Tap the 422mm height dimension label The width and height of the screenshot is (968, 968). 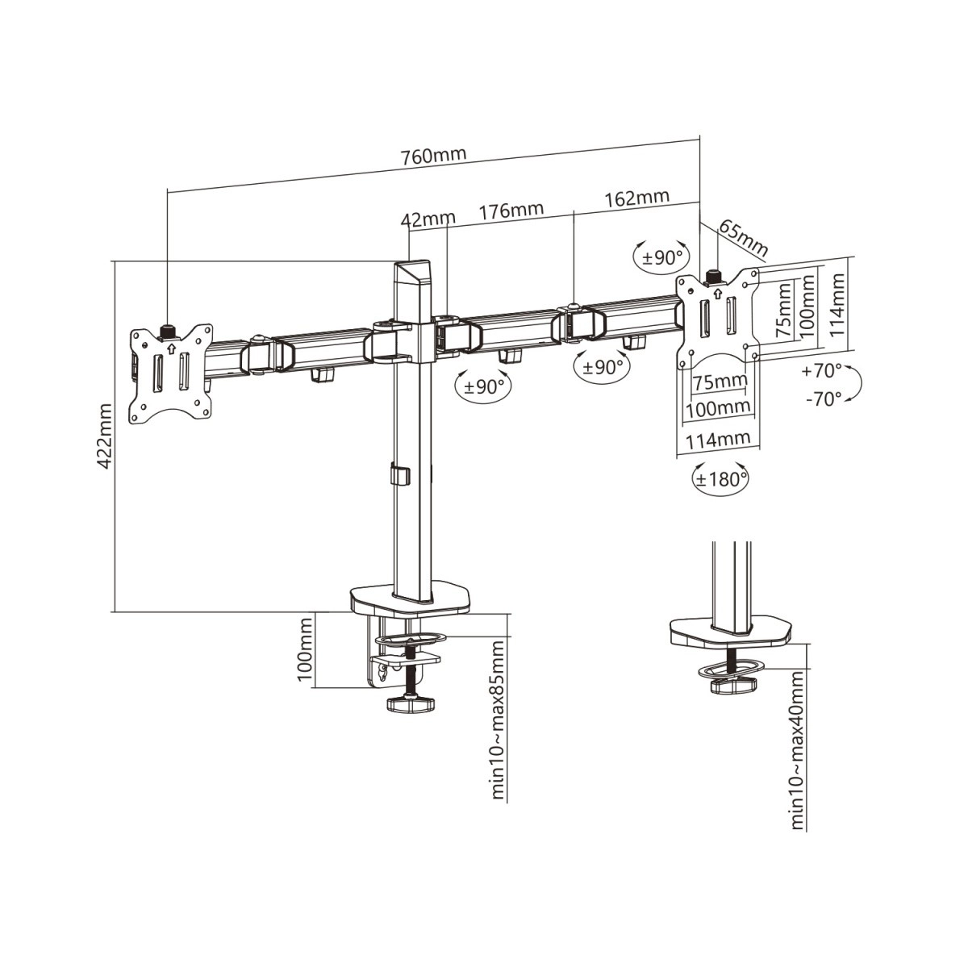pos(105,436)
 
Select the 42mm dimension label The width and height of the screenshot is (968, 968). pos(428,219)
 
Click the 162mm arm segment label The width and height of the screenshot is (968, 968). pos(637,198)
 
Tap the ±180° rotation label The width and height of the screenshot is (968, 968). pos(720,478)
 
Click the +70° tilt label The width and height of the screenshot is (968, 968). pos(821,371)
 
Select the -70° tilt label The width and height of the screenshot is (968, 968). pos(824,399)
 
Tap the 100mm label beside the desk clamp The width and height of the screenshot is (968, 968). pos(305,649)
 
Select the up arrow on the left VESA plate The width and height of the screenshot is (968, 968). pos(171,347)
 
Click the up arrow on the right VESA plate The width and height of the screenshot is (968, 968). pos(717,292)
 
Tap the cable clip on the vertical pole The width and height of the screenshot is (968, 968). pos(400,474)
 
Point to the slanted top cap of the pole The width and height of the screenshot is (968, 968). pos(413,273)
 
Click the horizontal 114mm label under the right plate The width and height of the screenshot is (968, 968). pos(719,440)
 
